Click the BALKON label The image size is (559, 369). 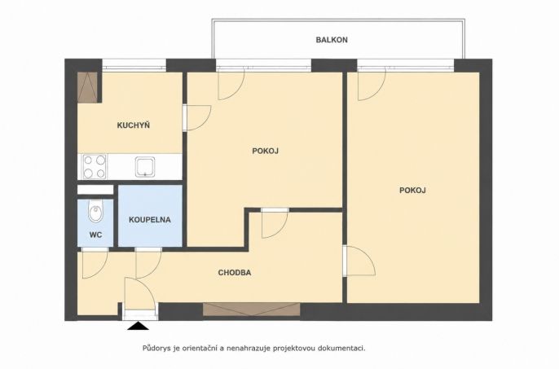point(332,40)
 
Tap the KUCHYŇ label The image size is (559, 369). point(134,125)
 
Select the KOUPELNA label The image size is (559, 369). point(150,220)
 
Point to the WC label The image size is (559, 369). point(95,235)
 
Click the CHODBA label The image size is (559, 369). point(235,273)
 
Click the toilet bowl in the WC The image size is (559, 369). point(95,210)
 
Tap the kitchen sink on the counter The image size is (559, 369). point(145,167)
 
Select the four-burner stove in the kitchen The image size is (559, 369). point(95,166)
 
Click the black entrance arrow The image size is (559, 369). point(138,326)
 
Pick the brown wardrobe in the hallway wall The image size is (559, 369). point(251,309)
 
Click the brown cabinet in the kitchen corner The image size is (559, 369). point(88,88)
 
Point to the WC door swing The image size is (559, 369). point(95,263)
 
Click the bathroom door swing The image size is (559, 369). point(148,263)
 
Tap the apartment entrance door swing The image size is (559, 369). point(140,294)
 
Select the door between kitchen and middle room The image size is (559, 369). point(197,117)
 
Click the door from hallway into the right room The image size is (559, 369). point(359,261)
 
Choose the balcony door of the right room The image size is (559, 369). point(372,84)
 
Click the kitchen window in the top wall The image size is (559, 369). point(134,66)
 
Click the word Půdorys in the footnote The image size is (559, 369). point(156,349)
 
